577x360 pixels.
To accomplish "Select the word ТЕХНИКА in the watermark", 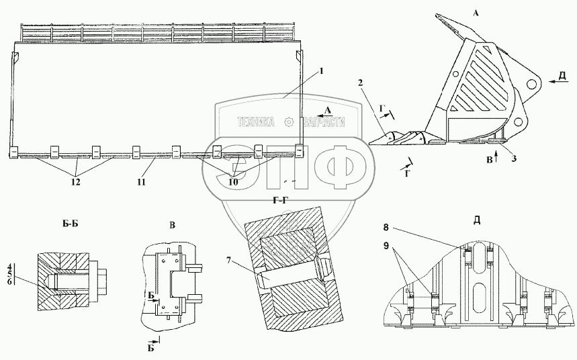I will pyautogui.click(x=255, y=122).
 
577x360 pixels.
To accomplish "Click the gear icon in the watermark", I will pyautogui.click(x=289, y=122).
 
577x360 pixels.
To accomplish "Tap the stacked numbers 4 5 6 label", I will pyautogui.click(x=9, y=274).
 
